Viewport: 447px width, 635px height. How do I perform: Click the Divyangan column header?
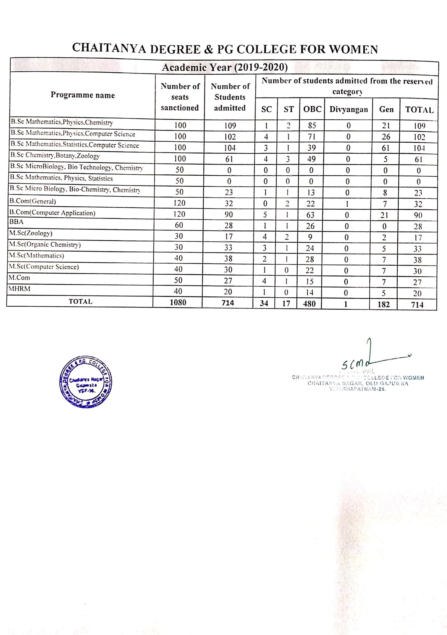(349, 110)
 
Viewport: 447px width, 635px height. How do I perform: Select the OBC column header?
(312, 109)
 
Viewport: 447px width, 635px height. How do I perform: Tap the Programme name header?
(82, 95)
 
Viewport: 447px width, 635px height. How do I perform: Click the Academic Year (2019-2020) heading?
(224, 67)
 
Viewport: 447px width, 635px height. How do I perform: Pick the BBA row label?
(17, 222)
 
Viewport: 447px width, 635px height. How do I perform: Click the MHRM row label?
(19, 289)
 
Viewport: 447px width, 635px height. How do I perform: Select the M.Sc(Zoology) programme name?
(31, 233)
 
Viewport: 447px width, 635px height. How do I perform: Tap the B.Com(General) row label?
(33, 201)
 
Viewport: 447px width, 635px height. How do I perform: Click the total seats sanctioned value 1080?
(178, 303)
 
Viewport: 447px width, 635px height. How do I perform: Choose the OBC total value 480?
(309, 304)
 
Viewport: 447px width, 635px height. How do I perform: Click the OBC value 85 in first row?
(312, 126)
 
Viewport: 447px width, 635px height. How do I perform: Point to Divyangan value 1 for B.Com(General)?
(347, 204)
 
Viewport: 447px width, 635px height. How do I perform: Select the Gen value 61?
(385, 148)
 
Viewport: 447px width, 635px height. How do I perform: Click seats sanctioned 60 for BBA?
(179, 225)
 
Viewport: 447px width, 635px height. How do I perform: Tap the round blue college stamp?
(86, 382)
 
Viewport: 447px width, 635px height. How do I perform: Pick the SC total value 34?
(264, 303)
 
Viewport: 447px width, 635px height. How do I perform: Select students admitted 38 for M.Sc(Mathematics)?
(228, 259)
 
